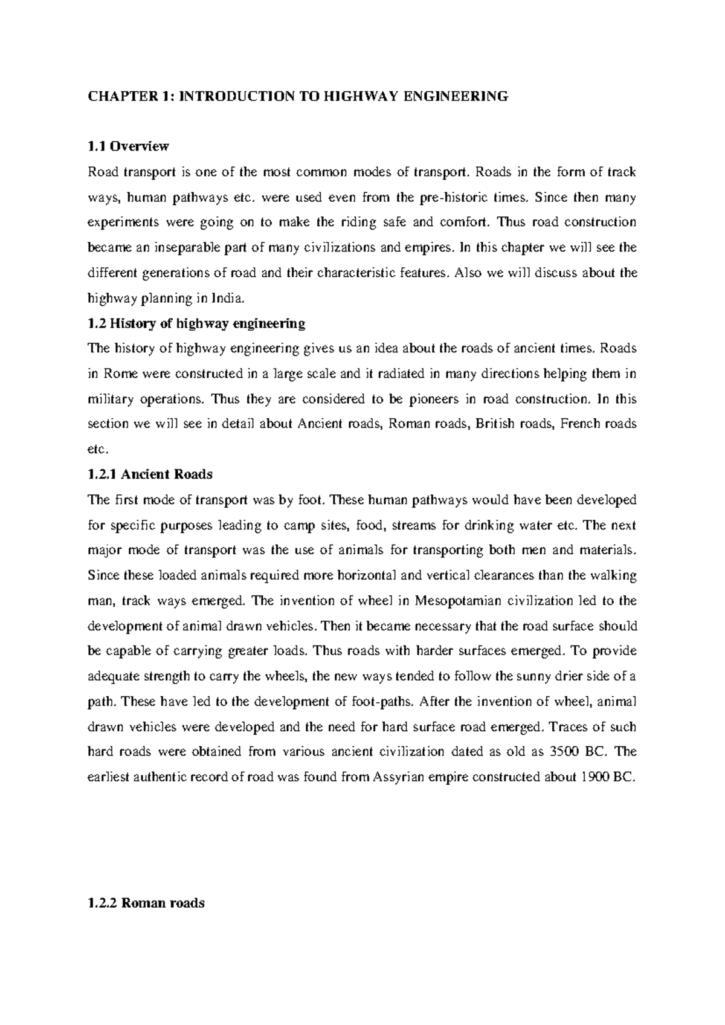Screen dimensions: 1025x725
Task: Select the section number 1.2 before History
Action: tap(95, 323)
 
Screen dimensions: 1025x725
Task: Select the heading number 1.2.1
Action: tap(101, 474)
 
